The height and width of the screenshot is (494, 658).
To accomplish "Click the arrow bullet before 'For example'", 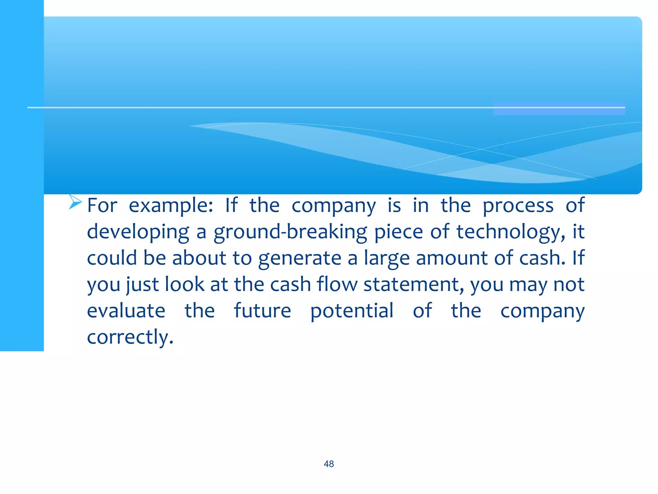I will (x=75, y=202).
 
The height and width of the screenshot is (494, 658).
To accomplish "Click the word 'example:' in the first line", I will (x=171, y=206).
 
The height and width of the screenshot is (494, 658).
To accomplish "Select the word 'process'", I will (x=518, y=206).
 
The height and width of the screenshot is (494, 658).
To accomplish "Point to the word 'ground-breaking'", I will (x=290, y=232).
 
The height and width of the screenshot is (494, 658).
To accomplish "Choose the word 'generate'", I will (x=299, y=259).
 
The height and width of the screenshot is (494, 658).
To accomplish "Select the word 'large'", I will (x=387, y=259).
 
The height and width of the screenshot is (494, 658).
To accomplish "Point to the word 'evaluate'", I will (x=126, y=311).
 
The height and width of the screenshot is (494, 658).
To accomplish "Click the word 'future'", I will (x=262, y=311).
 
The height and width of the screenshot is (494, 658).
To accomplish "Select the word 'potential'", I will (x=352, y=311).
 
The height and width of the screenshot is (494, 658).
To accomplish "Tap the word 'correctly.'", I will (x=130, y=337).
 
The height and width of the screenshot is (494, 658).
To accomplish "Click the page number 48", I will (x=329, y=464).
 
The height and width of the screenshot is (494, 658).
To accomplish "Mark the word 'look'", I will (x=184, y=284).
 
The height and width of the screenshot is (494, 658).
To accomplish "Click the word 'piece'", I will (x=398, y=232).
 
